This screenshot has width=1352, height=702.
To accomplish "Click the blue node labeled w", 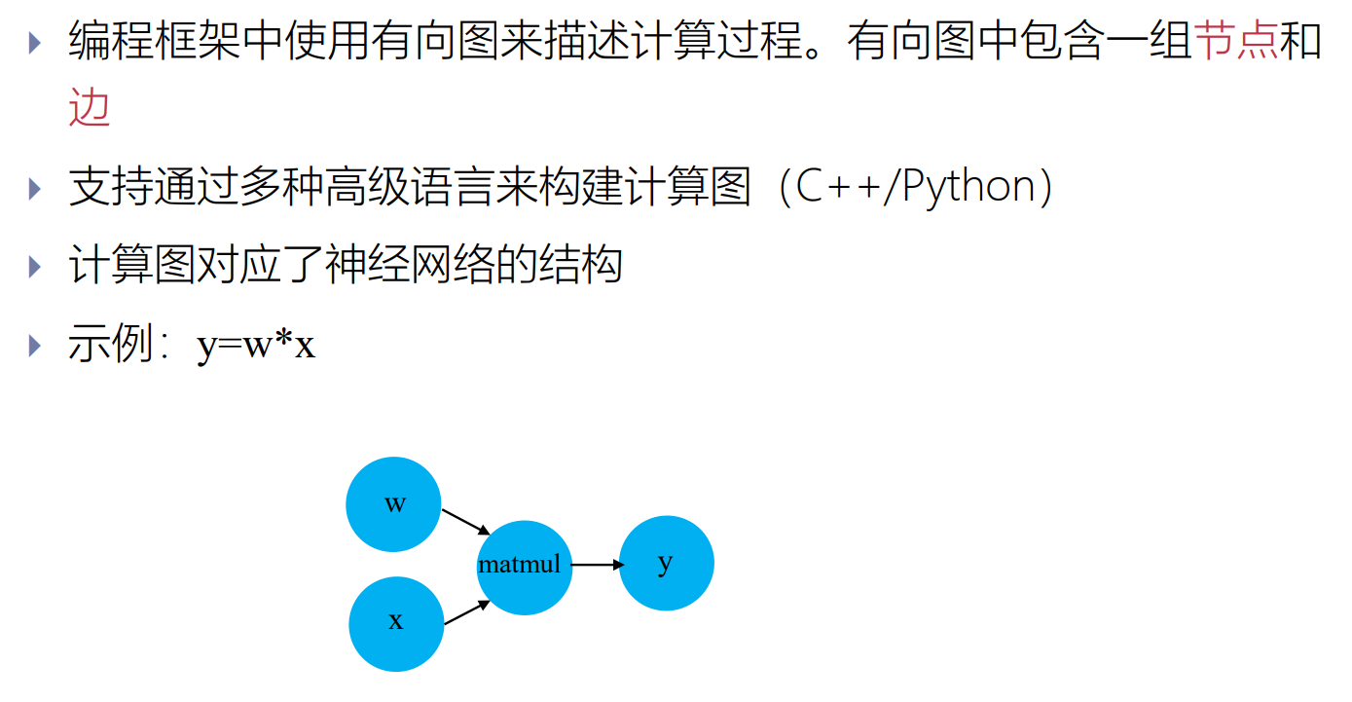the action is coord(393,504).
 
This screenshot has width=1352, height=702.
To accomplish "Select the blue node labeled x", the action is coord(396,624).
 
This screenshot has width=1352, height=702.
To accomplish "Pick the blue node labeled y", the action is coord(666,564).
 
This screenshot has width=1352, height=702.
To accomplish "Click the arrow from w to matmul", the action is coord(465,521).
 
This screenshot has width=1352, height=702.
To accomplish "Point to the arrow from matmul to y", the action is coord(597,565).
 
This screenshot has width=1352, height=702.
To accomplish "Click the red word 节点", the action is coord(1235,42).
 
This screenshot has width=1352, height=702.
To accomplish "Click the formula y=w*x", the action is coord(256,345).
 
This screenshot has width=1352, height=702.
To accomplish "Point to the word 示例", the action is coord(111,345).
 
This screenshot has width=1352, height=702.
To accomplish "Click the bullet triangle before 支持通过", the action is coord(36,188).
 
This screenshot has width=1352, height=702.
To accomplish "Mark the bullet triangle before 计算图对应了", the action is coord(36,266).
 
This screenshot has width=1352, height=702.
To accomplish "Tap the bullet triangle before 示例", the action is coord(36,345).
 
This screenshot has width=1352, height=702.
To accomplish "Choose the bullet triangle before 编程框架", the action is coord(36,43).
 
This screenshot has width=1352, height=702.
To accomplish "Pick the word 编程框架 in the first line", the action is coord(154,42).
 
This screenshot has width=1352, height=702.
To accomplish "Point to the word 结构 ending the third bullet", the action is coord(580,266).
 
